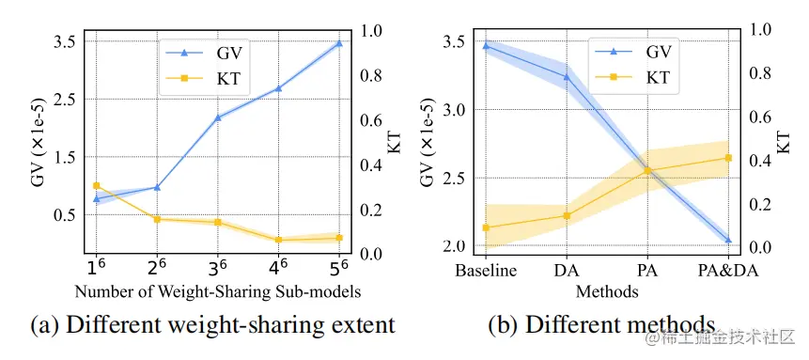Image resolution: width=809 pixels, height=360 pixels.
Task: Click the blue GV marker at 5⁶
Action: tap(339, 43)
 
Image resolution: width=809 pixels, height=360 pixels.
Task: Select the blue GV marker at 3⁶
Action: tap(218, 117)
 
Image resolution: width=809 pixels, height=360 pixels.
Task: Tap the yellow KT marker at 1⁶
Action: tap(96, 186)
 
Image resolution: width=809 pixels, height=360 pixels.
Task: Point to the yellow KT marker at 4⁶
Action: tap(279, 240)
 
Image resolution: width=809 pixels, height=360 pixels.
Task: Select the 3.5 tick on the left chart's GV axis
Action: tap(65, 42)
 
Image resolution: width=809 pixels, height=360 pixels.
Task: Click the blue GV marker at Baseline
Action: tap(486, 45)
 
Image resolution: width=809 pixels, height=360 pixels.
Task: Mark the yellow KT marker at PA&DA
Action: tap(728, 158)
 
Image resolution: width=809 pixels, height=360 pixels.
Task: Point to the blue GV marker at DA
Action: tap(567, 77)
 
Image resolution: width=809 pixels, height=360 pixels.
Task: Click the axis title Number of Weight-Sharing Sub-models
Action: tap(217, 290)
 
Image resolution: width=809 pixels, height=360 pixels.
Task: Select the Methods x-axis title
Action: tap(606, 290)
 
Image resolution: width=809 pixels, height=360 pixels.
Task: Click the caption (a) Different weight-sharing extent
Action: tap(213, 326)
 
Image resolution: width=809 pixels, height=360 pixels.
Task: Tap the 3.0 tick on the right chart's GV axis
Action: tap(455, 110)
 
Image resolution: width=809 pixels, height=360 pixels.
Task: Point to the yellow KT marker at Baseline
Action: tap(486, 227)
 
